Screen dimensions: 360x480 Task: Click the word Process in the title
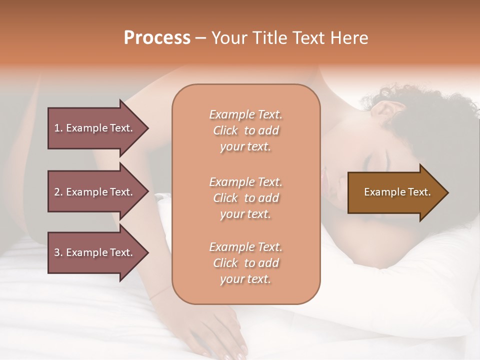click(x=157, y=38)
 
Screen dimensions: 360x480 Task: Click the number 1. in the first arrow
click(x=58, y=128)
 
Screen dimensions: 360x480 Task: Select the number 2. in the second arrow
click(x=58, y=192)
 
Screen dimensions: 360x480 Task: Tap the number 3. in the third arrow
click(x=58, y=252)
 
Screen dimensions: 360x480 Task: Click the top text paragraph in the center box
click(x=245, y=130)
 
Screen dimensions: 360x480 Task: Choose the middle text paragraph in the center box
click(x=245, y=198)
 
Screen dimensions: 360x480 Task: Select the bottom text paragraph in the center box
click(x=245, y=263)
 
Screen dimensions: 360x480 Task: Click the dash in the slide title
click(x=201, y=38)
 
